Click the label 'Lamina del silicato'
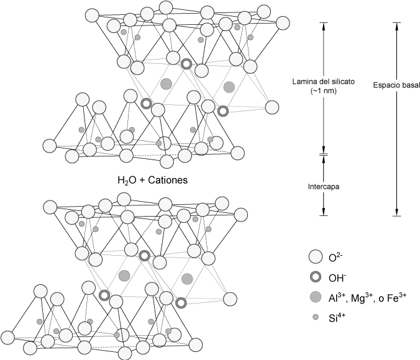tap(322, 81)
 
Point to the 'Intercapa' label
tap(323, 185)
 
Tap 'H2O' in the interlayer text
tap(126, 181)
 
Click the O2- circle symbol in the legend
tap(315, 256)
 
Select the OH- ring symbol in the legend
tap(315, 276)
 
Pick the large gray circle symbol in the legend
tap(315, 297)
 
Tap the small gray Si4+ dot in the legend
tap(315, 317)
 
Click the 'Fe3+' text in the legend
tap(395, 297)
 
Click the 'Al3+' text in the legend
tap(339, 297)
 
